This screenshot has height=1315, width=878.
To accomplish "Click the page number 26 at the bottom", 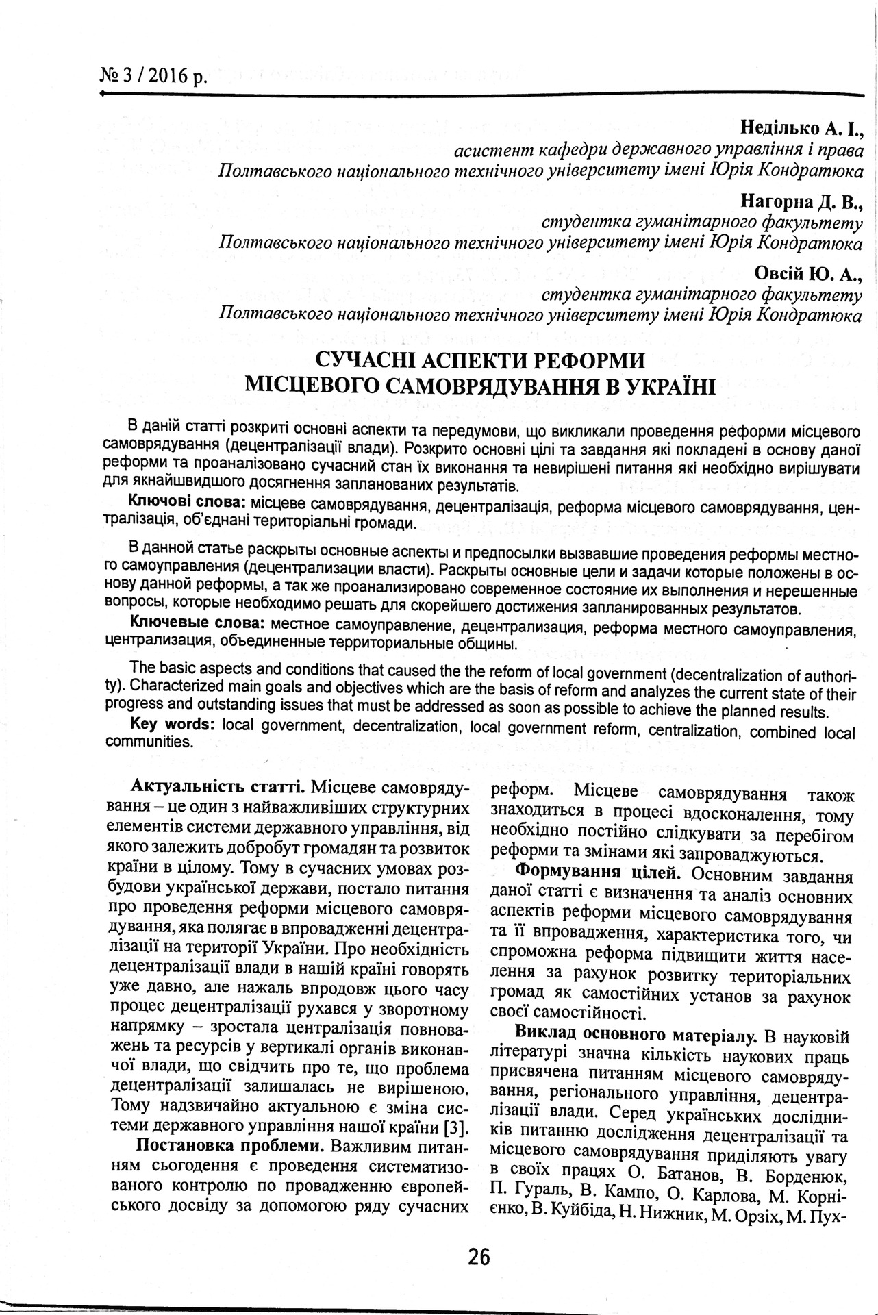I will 479,1257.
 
